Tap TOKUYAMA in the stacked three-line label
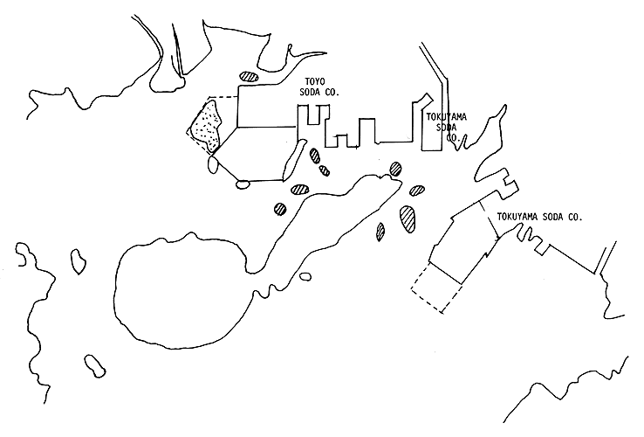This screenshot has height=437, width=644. coord(447,116)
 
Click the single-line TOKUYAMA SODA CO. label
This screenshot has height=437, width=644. coord(538,216)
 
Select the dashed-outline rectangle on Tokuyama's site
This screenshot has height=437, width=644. coord(435,288)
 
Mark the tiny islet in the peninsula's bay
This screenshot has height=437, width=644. coord(305,277)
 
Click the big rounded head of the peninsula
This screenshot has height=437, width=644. coord(179,288)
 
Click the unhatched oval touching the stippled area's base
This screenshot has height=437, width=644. coord(212,163)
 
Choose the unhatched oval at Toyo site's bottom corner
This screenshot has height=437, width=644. coord(242,184)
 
